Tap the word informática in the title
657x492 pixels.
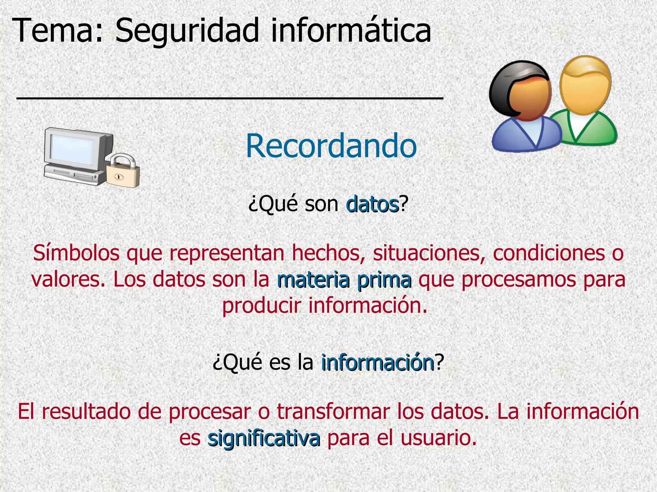(x=351, y=30)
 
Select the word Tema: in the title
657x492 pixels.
(x=58, y=30)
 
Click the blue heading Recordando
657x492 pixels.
(x=331, y=146)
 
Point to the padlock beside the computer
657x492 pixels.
(x=123, y=173)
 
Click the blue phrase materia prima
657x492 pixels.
(x=344, y=280)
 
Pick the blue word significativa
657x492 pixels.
(x=264, y=438)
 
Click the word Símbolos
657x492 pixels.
(x=76, y=253)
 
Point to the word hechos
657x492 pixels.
(x=328, y=253)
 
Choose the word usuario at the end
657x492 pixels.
(x=438, y=438)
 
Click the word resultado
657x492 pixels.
(x=86, y=412)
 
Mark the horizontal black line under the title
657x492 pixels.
(x=230, y=98)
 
